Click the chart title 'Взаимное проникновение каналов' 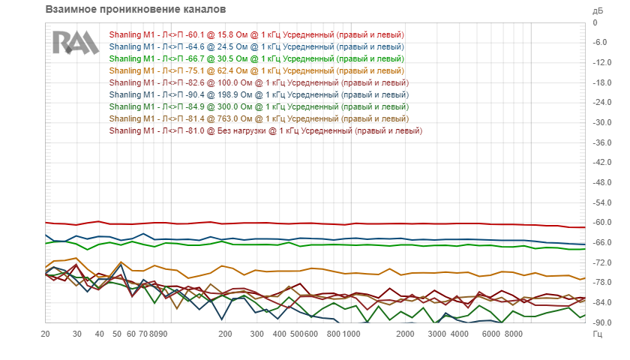[136, 10]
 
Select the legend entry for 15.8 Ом [256, 34]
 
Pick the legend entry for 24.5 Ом [256, 46]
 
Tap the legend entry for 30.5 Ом [256, 58]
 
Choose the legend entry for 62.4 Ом [256, 70]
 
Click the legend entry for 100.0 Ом [259, 82]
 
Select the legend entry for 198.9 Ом [259, 94]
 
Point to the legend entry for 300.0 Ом [259, 106]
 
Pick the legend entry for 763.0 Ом [259, 118]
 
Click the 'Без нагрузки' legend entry [265, 130]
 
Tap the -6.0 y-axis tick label [600, 43]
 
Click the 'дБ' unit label [598, 11]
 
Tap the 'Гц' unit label [598, 334]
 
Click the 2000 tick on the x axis [406, 334]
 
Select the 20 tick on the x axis [46, 334]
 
